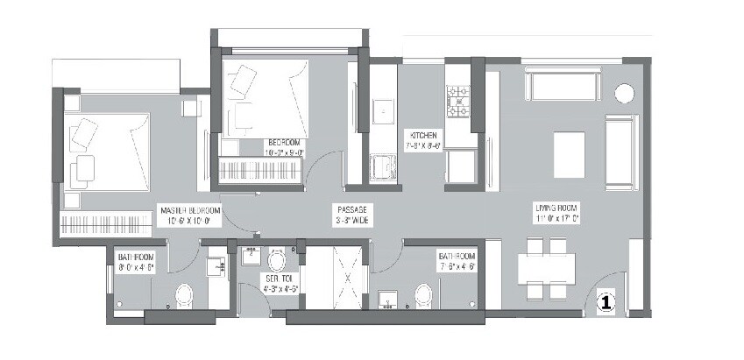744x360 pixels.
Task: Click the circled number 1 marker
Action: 604,302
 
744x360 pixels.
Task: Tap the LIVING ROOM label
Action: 561,214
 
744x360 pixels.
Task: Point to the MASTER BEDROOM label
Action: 189,215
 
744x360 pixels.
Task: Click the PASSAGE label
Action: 351,215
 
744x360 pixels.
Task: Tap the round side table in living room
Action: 624,93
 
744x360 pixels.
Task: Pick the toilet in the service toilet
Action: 278,260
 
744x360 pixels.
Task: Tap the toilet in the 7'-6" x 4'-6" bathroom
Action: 422,294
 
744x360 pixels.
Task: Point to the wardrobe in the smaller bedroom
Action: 259,169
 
